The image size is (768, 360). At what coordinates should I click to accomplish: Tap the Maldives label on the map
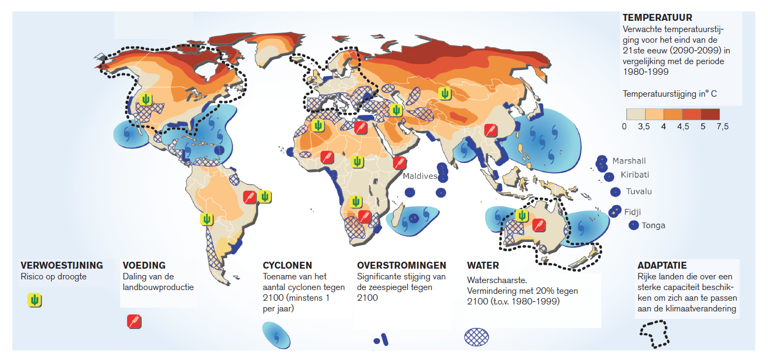pos(420,176)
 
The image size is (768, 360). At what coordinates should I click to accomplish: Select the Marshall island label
pos(629,161)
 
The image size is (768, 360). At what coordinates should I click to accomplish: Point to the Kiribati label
pos(635,175)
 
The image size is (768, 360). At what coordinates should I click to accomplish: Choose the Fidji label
pos(632,212)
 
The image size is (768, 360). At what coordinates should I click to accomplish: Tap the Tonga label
pos(654,225)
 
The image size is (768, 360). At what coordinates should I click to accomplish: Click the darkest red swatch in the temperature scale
pos(710,114)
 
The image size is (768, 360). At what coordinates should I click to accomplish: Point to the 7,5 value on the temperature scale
pos(722,127)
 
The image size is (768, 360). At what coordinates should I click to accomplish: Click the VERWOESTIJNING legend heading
pos(61,265)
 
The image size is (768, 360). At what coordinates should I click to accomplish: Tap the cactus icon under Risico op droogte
pos(35,300)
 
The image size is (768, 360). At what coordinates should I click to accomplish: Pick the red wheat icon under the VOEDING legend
pos(134,322)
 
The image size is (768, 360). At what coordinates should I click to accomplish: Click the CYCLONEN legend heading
pos(288,265)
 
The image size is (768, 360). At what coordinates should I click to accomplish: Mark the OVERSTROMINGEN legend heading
pos(401,265)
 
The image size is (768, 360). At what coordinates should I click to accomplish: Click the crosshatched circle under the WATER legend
pos(477,336)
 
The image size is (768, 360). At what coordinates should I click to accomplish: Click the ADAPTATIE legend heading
pos(662,265)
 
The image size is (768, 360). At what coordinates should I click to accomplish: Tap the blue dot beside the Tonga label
pos(634,225)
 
